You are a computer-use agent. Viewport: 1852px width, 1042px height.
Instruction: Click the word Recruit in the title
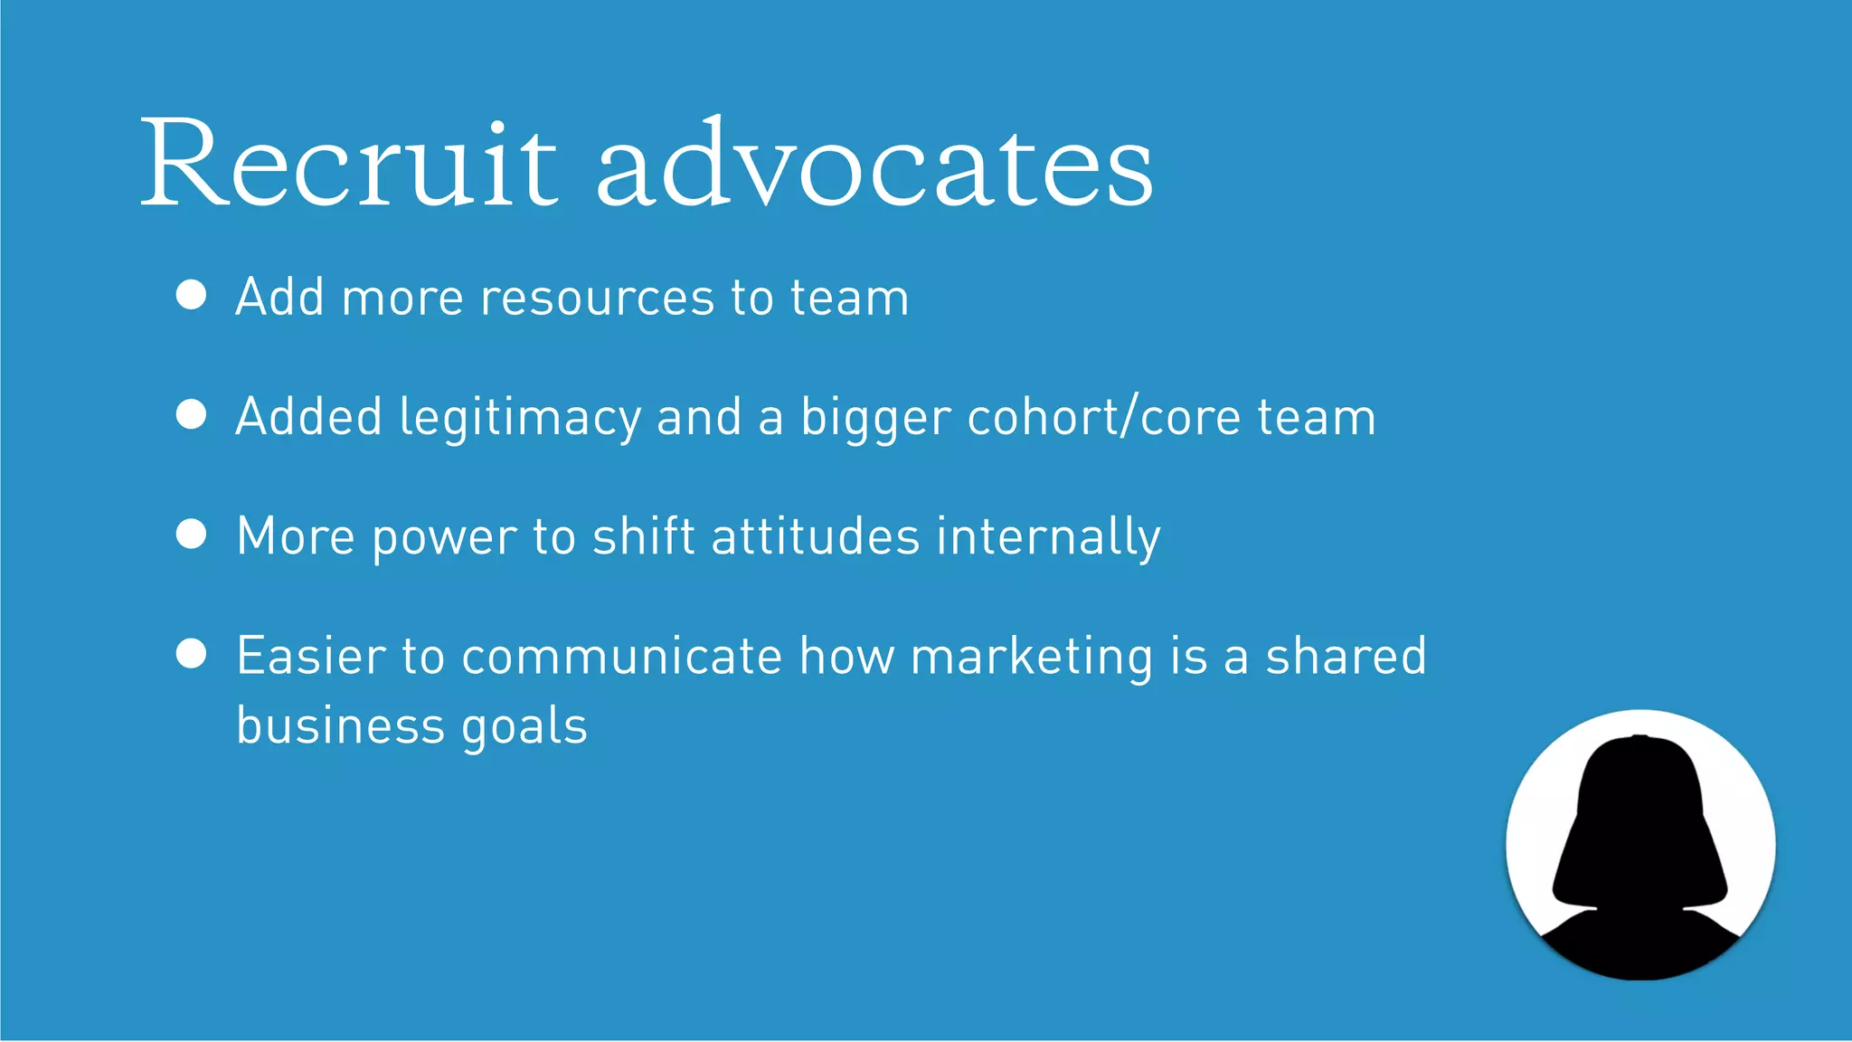click(x=349, y=165)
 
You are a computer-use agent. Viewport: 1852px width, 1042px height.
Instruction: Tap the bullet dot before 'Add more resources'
click(x=192, y=295)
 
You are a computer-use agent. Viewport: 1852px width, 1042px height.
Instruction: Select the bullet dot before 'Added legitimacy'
click(x=192, y=414)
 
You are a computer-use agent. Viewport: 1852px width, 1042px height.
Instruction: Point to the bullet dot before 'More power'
click(x=192, y=534)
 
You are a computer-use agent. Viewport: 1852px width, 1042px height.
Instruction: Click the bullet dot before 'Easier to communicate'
click(x=192, y=653)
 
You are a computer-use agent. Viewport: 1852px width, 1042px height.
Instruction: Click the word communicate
click(x=621, y=657)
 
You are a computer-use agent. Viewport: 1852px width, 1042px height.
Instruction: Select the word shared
click(x=1346, y=657)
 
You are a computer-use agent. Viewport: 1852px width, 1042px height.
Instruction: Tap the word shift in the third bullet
click(x=643, y=537)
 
